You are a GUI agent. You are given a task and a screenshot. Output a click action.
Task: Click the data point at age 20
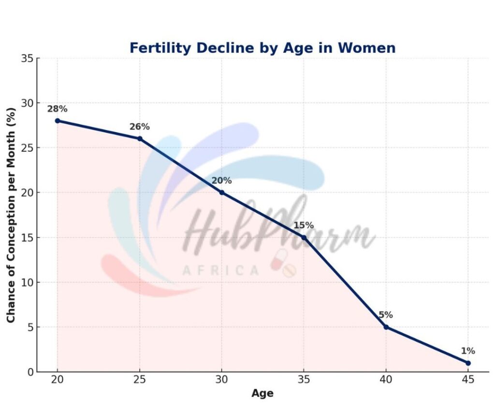pos(58,120)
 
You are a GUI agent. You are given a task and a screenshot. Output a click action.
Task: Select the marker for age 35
pos(304,237)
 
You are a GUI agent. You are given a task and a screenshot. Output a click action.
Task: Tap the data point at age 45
pos(468,363)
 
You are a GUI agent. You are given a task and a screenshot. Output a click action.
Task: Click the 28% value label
pos(57,109)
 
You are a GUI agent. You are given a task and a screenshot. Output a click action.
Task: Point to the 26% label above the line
pos(139,127)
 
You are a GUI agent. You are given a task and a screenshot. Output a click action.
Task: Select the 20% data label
pos(221,181)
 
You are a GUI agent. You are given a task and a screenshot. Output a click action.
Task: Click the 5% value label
pos(385,315)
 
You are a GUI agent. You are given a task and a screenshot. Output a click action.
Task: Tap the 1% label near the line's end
pos(467,351)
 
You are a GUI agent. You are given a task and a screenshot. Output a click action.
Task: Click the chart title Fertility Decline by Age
pos(262,48)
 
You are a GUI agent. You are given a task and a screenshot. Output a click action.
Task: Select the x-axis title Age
pos(262,393)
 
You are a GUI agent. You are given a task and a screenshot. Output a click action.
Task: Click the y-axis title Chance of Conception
pos(11,215)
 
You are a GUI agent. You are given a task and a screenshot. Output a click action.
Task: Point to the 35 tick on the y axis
pos(28,59)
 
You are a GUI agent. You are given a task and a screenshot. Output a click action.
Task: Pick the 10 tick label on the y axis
pos(28,282)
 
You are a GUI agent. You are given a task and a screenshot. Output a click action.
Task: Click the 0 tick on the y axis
pos(30,372)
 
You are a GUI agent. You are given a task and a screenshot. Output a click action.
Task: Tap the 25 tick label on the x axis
pos(140,381)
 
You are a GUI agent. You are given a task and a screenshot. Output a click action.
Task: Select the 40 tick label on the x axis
pos(386,381)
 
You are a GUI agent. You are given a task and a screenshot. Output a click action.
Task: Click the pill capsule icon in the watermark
pos(279,259)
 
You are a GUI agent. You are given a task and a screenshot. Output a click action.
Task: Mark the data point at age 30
pos(222,192)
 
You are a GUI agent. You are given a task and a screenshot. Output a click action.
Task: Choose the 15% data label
pos(304,225)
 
